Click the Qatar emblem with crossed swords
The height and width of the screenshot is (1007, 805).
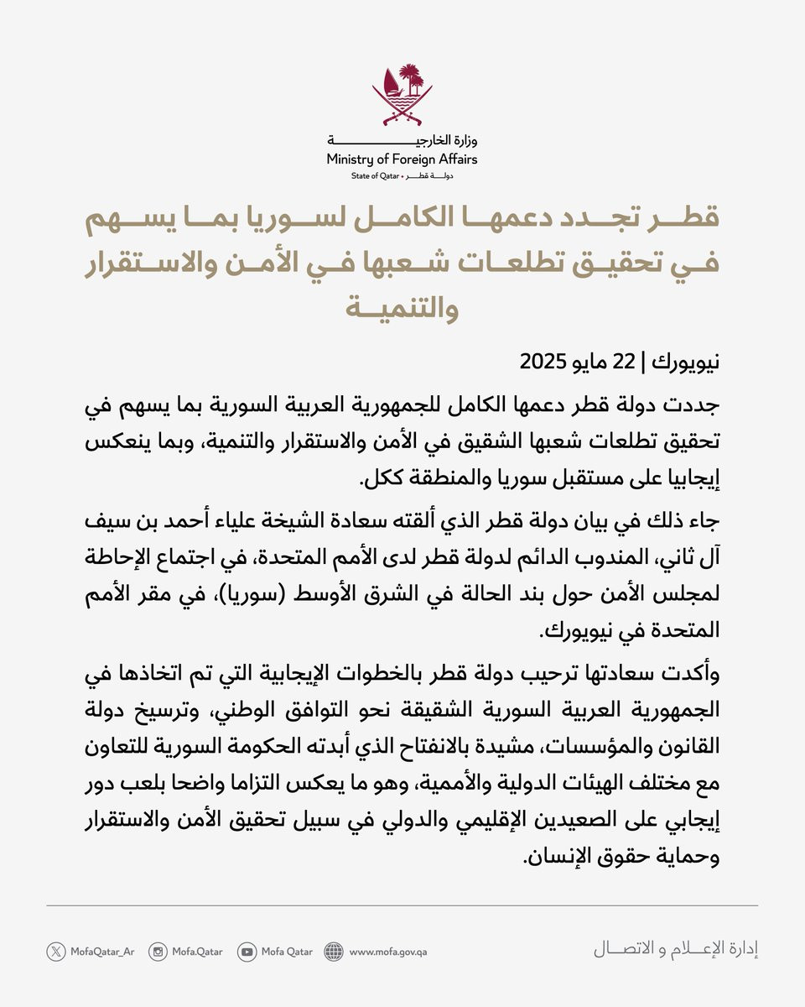point(402,93)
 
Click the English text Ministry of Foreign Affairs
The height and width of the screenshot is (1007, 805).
point(402,159)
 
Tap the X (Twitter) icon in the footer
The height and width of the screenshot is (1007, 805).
point(56,952)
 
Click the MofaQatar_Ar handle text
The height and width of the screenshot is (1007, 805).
point(101,952)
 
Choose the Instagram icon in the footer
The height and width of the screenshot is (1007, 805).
point(158,952)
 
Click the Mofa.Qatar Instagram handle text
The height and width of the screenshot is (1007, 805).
point(198,952)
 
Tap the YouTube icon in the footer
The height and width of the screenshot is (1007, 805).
point(247,952)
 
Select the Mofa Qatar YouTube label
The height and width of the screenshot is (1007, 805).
point(286,952)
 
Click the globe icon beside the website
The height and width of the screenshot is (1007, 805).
point(334,952)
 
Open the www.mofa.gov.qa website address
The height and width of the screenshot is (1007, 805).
point(388,952)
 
